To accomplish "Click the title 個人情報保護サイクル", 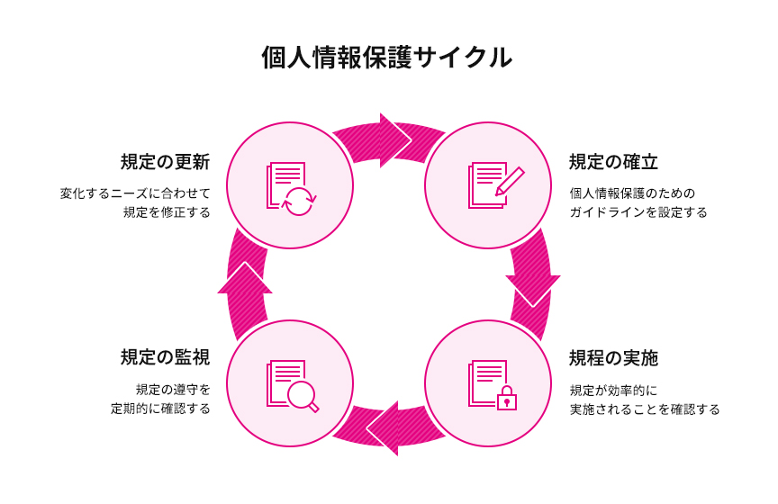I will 387,58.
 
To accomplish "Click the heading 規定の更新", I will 165,162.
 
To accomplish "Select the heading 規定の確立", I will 613,162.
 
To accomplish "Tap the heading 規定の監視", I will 165,357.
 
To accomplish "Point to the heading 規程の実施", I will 613,358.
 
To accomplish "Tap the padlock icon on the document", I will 507,397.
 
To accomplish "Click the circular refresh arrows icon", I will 299,201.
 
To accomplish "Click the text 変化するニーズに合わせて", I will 135,193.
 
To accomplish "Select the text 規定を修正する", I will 167,213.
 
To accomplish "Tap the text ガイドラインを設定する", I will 638,213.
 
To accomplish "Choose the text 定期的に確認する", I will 160,409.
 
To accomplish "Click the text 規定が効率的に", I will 614,390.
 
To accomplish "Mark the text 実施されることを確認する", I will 645,409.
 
